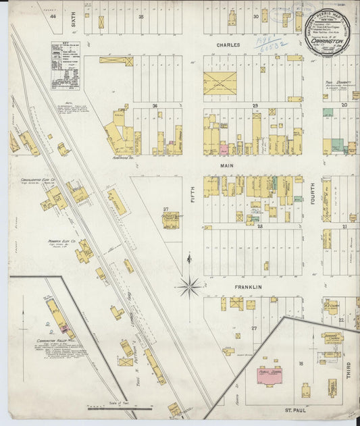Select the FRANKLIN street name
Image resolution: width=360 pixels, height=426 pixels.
(x=247, y=287)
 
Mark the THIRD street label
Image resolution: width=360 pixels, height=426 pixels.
(x=349, y=369)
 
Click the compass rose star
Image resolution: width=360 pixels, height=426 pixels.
(x=189, y=287)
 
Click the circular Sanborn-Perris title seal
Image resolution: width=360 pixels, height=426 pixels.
(x=326, y=32)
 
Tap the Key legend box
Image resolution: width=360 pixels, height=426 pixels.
(x=65, y=66)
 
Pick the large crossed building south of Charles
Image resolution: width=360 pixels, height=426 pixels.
(x=220, y=84)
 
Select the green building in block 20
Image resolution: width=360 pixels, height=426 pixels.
(x=328, y=113)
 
